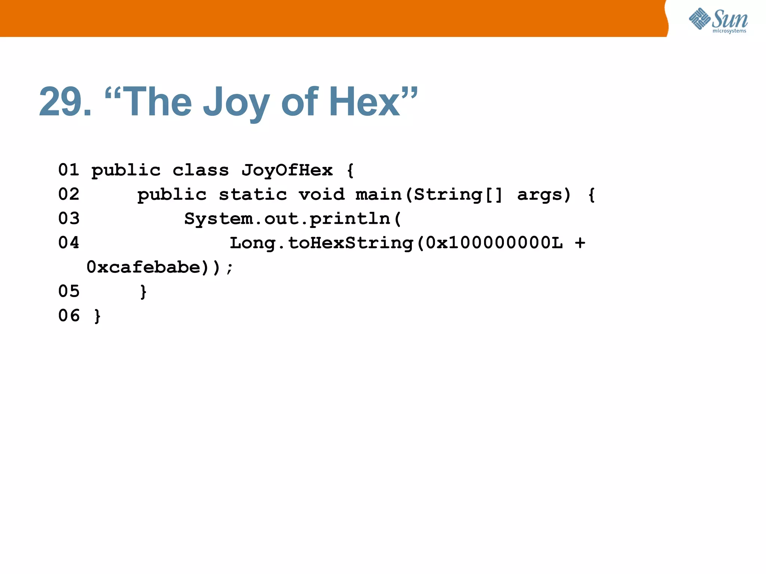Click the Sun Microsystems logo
tap(718, 21)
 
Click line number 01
tap(69, 170)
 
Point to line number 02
tap(69, 194)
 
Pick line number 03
tap(69, 219)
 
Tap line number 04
tap(69, 243)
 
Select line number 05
tap(69, 291)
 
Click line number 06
tap(69, 316)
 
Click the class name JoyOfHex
tap(287, 170)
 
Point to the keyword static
tap(253, 195)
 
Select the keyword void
tap(322, 195)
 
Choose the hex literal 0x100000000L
tap(494, 243)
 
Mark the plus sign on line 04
tap(580, 243)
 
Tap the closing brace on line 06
tap(97, 316)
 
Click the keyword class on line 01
tap(200, 170)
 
